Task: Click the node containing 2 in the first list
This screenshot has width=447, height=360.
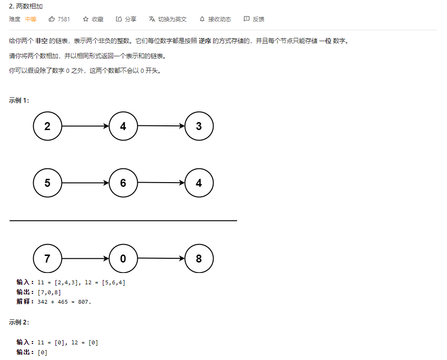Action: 47,126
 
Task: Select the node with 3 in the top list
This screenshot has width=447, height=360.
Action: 199,126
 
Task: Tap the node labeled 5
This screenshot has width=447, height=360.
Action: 47,183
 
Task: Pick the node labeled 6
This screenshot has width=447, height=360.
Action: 123,183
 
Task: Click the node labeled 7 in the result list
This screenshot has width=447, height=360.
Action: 47,259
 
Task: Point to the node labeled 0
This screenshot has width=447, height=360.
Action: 123,259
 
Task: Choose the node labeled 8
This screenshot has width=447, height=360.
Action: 199,259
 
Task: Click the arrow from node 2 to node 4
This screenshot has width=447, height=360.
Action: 85,126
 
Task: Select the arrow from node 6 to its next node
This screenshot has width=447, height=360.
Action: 161,183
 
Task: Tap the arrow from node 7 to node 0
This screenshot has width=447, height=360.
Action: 85,259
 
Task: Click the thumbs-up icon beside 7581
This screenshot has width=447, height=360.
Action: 52,19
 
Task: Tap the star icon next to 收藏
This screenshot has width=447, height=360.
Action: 86,19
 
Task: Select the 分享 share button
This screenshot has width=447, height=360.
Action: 126,19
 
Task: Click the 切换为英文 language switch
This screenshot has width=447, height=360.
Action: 168,19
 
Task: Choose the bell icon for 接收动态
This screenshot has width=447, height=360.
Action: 202,19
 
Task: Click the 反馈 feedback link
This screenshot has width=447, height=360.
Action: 254,19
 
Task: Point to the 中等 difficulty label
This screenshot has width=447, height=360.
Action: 31,19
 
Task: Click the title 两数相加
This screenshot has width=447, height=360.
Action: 26,6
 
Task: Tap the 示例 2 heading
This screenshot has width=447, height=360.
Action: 19,322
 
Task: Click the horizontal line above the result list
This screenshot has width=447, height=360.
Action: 123,220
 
